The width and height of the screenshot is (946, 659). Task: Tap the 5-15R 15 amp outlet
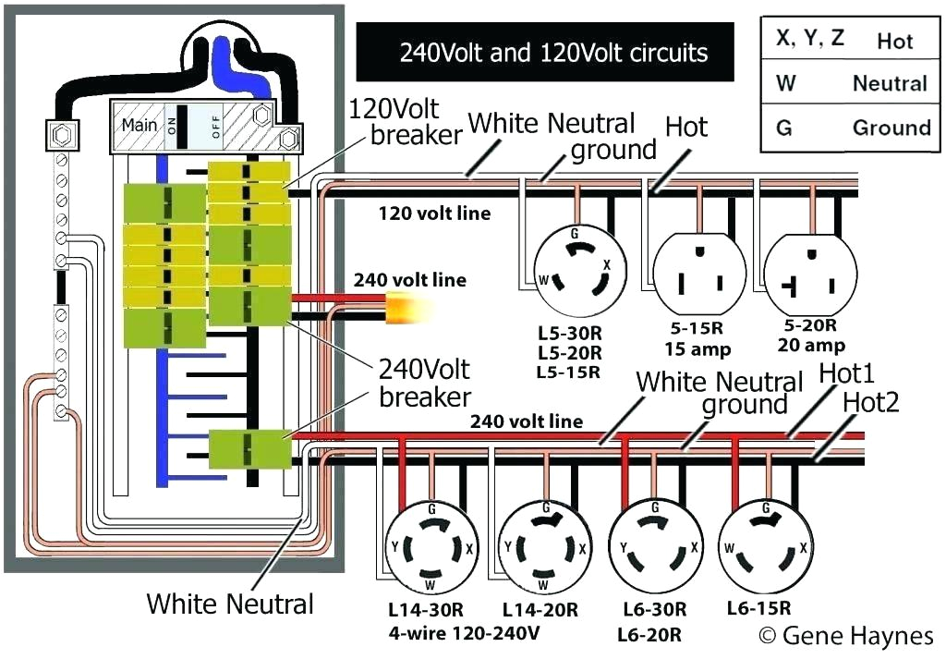698,274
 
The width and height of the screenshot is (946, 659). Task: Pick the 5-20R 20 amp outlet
809,274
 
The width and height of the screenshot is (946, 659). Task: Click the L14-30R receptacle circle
431,546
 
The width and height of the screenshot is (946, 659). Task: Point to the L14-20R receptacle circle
545,546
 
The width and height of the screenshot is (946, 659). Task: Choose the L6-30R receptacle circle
655,546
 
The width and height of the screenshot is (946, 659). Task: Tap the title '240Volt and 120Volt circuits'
553,52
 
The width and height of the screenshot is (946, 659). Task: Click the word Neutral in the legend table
889,84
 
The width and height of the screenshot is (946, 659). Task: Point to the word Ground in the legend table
891,128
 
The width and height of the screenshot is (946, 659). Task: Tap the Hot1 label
846,374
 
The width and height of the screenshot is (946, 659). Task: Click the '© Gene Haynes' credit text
845,636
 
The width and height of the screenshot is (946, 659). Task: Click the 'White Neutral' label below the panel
230,604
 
